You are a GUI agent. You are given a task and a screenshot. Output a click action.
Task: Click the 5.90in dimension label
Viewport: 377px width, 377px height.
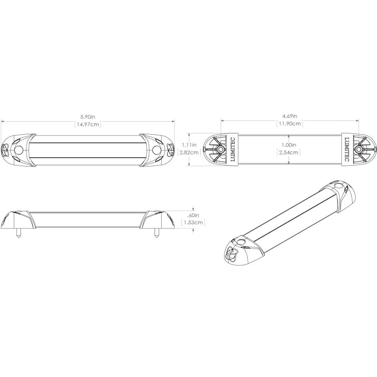[88, 117]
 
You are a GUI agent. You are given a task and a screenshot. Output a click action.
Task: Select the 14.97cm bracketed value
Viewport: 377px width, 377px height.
[88, 124]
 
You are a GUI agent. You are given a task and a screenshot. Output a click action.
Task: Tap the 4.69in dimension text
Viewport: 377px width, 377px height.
[290, 116]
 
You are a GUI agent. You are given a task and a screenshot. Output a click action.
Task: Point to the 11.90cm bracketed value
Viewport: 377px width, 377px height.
[290, 123]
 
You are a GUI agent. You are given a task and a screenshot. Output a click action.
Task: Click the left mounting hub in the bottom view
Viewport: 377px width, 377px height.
[219, 149]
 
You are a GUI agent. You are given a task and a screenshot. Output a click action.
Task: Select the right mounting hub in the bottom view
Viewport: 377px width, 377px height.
[360, 149]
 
